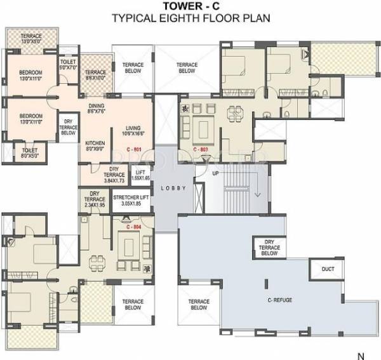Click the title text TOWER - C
click(x=190, y=6)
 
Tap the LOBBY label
click(x=171, y=188)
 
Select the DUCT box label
click(x=328, y=269)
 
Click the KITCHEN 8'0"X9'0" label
click(x=95, y=146)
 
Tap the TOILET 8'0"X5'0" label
click(x=29, y=152)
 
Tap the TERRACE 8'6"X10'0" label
click(x=97, y=75)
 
